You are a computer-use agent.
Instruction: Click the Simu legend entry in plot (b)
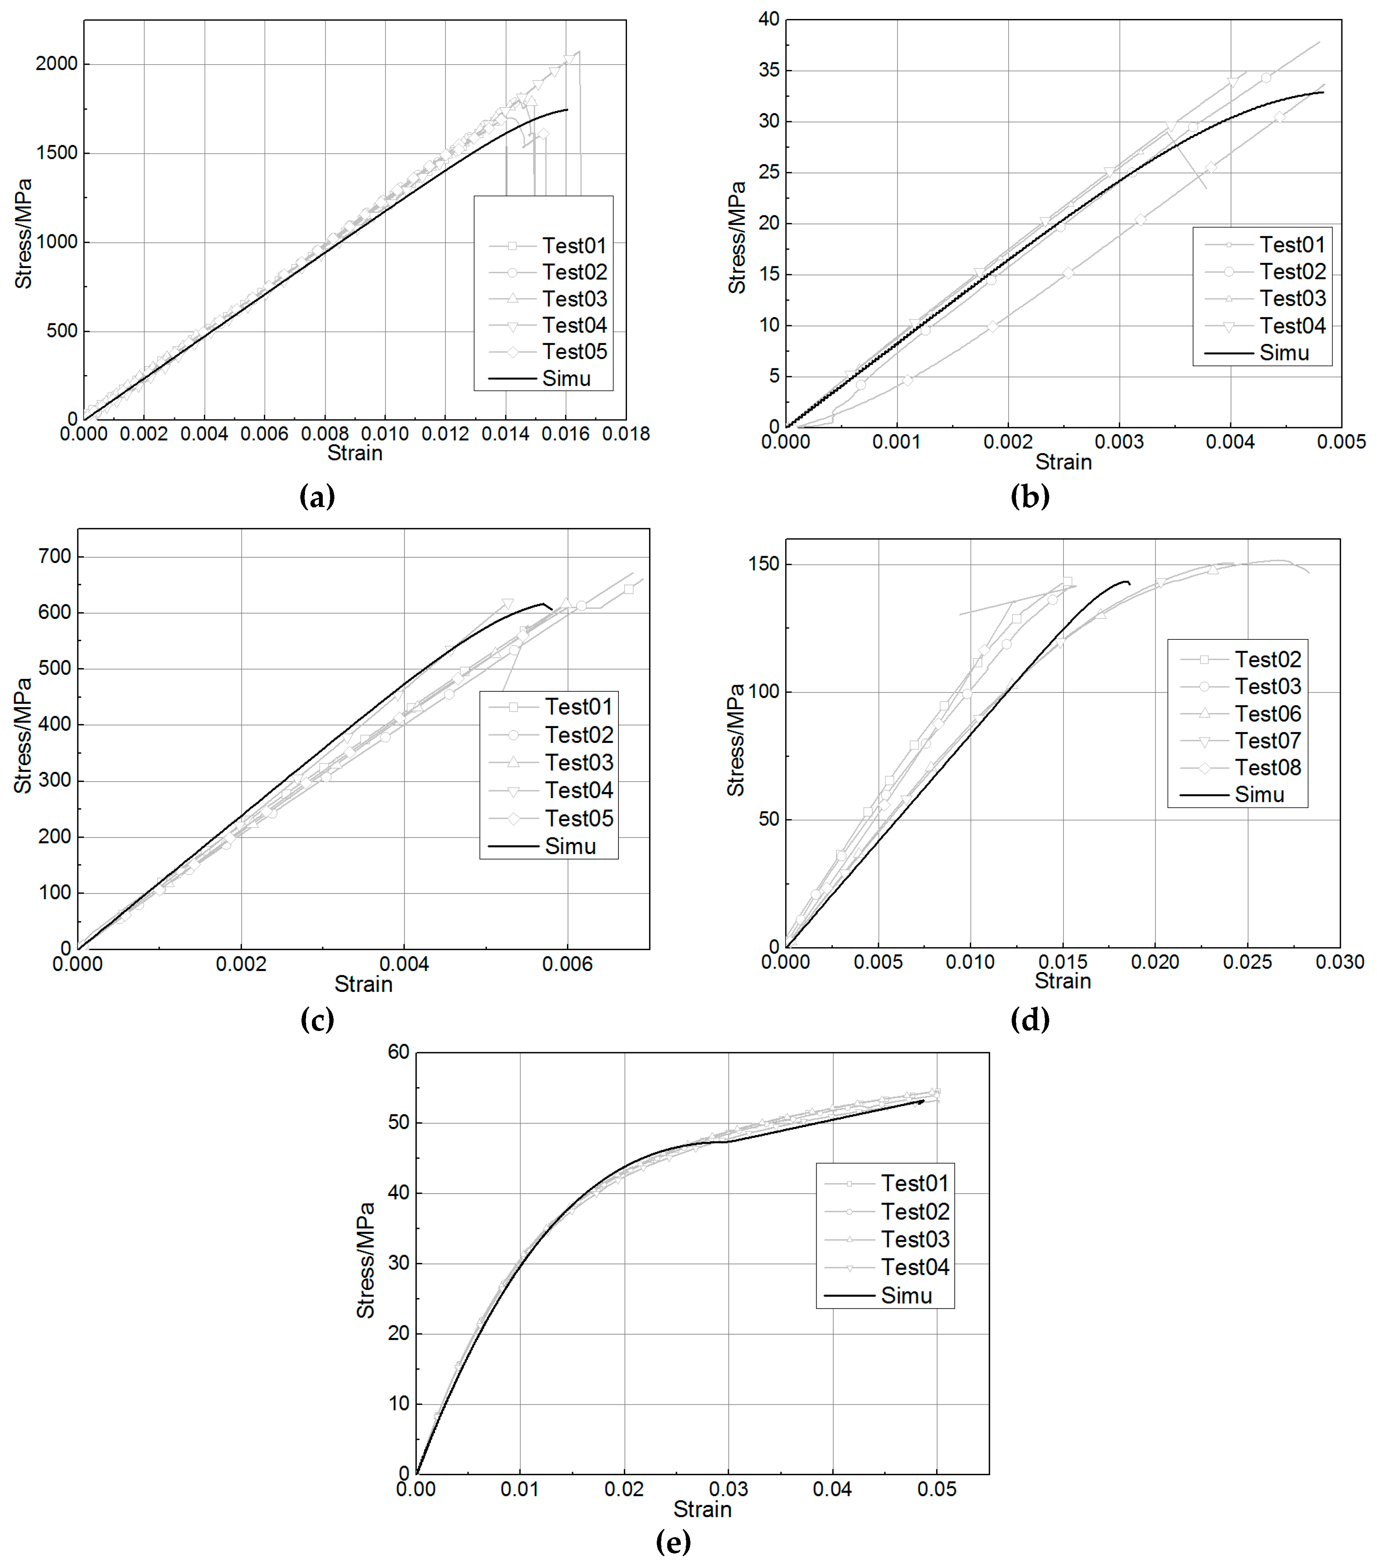click(x=1284, y=354)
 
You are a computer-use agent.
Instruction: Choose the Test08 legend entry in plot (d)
click(x=1267, y=767)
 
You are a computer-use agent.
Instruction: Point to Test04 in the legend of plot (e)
click(x=915, y=1267)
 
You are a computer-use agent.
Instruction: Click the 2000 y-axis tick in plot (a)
click(x=57, y=64)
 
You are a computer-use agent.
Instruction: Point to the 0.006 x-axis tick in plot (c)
click(x=567, y=964)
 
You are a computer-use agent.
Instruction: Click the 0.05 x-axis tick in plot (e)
click(x=937, y=1490)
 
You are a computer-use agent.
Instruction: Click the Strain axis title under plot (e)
click(x=702, y=1510)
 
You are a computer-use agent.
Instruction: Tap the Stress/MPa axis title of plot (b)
click(x=737, y=238)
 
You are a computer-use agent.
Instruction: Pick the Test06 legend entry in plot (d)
click(x=1267, y=714)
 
